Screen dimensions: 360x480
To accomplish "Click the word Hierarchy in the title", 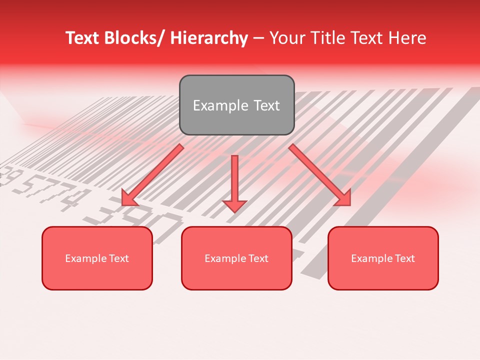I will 208,38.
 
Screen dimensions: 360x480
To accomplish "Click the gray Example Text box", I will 236,105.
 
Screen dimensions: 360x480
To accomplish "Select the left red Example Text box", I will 97,258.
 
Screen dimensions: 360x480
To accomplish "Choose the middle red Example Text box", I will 236,258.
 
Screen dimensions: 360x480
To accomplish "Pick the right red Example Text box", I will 383,258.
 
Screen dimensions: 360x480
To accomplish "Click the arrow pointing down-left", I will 152,175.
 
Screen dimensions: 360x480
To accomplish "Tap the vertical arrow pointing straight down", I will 234,180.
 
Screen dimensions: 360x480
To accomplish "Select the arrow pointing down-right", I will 320,175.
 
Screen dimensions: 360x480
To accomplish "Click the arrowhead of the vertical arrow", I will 234,205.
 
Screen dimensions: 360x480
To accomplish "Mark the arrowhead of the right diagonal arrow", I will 342,197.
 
